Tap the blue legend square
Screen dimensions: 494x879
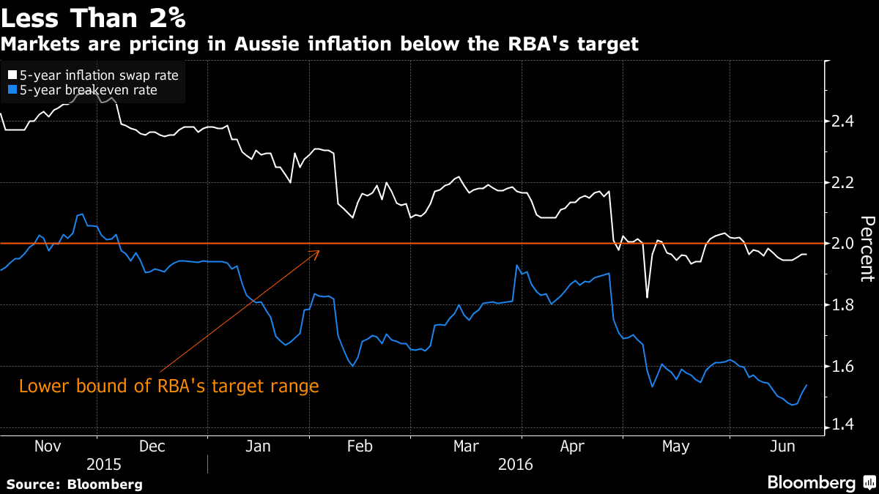[11, 90]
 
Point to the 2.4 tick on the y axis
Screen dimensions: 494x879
[843, 121]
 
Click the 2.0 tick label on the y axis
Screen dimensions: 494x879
[843, 243]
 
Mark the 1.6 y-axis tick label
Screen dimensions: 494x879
[843, 366]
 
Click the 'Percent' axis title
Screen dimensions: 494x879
[867, 249]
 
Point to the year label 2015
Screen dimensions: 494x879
[104, 465]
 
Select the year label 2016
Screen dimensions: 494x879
[515, 465]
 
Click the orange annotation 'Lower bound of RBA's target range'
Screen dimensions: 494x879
[169, 386]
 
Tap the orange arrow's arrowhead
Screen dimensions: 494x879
[319, 252]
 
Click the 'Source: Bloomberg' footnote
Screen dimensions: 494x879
[75, 484]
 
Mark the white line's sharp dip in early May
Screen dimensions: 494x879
[647, 297]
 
